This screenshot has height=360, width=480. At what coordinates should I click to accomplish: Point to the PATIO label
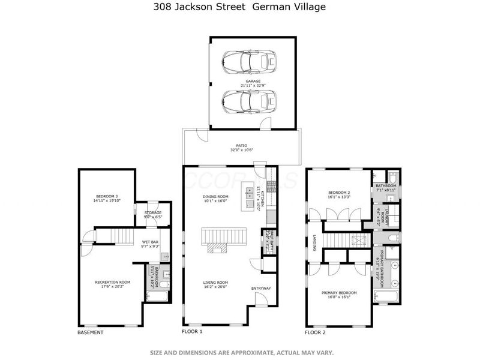pyautogui.click(x=242, y=145)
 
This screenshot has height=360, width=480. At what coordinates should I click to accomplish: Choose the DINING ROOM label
pyautogui.click(x=215, y=196)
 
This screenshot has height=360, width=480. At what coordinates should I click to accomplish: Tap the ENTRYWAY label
pyautogui.click(x=261, y=288)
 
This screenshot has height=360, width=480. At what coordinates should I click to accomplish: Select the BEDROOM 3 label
pyautogui.click(x=107, y=196)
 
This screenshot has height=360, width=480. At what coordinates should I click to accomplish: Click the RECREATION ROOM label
pyautogui.click(x=112, y=282)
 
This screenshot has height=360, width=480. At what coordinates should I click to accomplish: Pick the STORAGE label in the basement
pyautogui.click(x=153, y=212)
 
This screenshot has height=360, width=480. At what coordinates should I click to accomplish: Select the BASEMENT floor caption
pyautogui.click(x=91, y=332)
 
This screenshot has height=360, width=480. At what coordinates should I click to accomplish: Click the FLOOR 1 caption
pyautogui.click(x=192, y=331)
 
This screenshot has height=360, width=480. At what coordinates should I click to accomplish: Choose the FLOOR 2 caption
pyautogui.click(x=315, y=332)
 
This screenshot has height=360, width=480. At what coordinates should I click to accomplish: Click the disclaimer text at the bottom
pyautogui.click(x=241, y=352)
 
